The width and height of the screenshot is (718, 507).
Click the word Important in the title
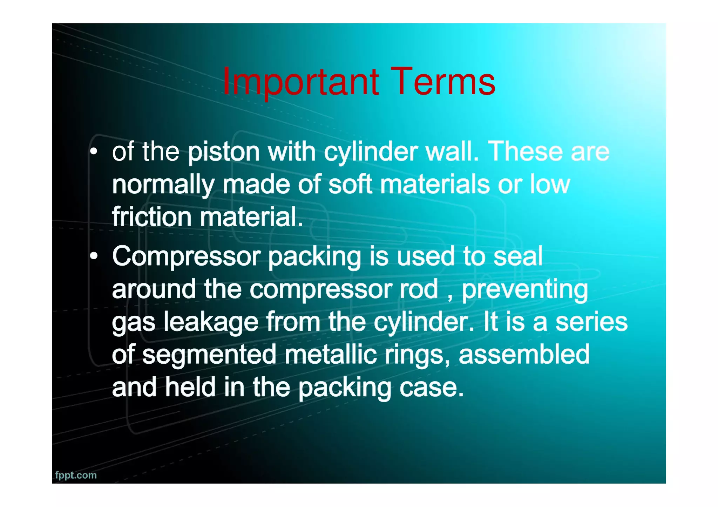(300, 82)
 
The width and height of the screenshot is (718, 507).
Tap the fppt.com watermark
(76, 475)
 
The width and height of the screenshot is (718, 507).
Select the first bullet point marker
(94, 152)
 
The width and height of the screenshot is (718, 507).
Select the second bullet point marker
(94, 256)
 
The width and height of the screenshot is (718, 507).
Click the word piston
(224, 152)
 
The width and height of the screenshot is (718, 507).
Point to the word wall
(452, 152)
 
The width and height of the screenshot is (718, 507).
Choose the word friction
(151, 217)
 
